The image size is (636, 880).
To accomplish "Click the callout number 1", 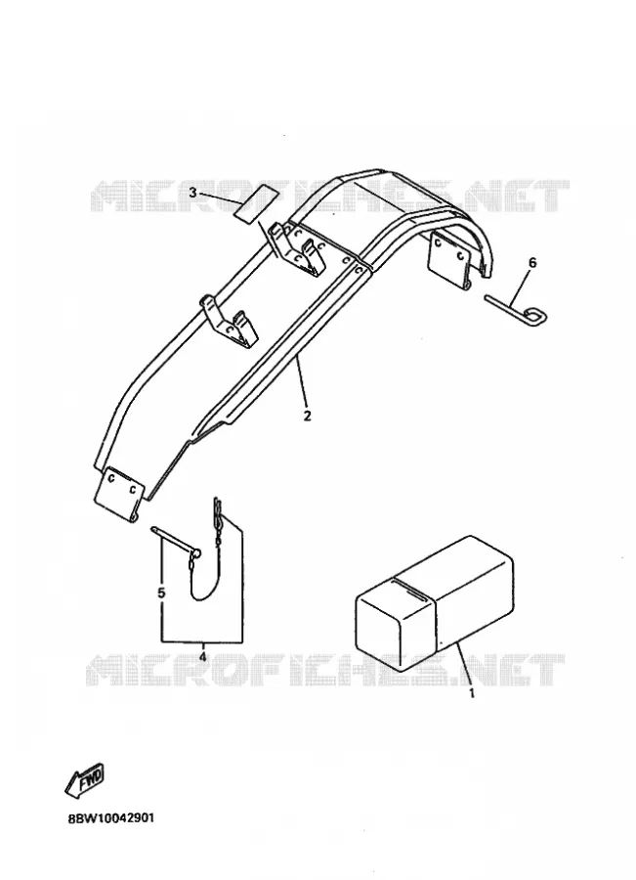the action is pyautogui.click(x=472, y=693).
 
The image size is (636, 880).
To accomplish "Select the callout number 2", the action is pyautogui.click(x=307, y=416).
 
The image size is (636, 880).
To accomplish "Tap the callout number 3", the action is pyautogui.click(x=192, y=193).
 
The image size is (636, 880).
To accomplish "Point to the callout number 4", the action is pyautogui.click(x=202, y=655).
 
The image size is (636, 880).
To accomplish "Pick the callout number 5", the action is pyautogui.click(x=161, y=593).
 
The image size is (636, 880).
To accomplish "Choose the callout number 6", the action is pyautogui.click(x=532, y=262).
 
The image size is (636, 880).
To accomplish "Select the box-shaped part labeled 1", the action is pyautogui.click(x=435, y=602).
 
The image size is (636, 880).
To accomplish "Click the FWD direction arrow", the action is pyautogui.click(x=85, y=780).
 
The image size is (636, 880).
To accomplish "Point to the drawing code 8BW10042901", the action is pyautogui.click(x=111, y=817).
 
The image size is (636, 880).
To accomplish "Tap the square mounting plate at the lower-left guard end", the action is pyautogui.click(x=120, y=491).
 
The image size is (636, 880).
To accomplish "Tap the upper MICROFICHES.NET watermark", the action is pyautogui.click(x=330, y=196).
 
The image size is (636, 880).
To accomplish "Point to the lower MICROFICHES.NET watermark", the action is pyautogui.click(x=325, y=670).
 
